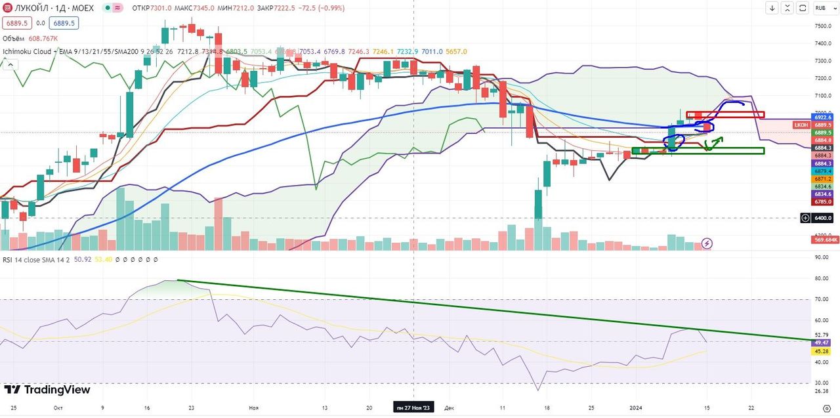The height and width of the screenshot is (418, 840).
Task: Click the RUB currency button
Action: pyautogui.click(x=820, y=8)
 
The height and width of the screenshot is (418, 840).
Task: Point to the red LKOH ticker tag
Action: pyautogui.click(x=801, y=125)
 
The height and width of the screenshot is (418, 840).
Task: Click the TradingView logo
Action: pyautogui.click(x=47, y=390)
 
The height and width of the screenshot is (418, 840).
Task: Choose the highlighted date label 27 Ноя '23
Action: pyautogui.click(x=413, y=408)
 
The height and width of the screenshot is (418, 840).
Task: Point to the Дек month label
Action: pyautogui.click(x=449, y=408)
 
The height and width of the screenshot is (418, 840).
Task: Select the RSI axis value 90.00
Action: pyautogui.click(x=821, y=257)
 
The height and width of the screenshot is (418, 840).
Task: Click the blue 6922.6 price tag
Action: pyautogui.click(x=822, y=117)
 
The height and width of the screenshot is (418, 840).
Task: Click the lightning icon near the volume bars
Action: pyautogui.click(x=707, y=243)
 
